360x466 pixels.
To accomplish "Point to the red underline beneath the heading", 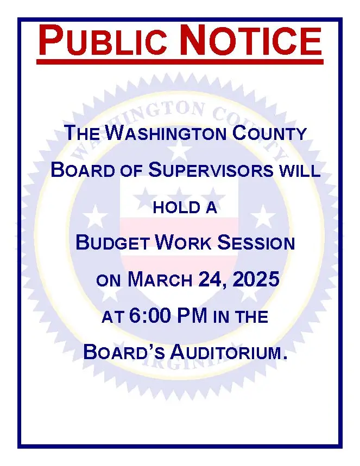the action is click(x=180, y=62).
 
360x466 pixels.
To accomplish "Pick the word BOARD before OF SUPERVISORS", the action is click(x=83, y=170).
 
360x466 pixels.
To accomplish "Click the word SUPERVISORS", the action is click(x=211, y=170).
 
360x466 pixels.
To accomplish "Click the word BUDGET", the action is click(x=112, y=242).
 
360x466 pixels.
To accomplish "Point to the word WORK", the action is click(x=184, y=242).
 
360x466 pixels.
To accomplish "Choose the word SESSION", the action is click(x=256, y=242).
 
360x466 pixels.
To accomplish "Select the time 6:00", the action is click(x=150, y=315).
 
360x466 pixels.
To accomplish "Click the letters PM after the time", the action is click(x=192, y=315).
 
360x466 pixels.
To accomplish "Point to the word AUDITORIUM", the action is click(x=229, y=352).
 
